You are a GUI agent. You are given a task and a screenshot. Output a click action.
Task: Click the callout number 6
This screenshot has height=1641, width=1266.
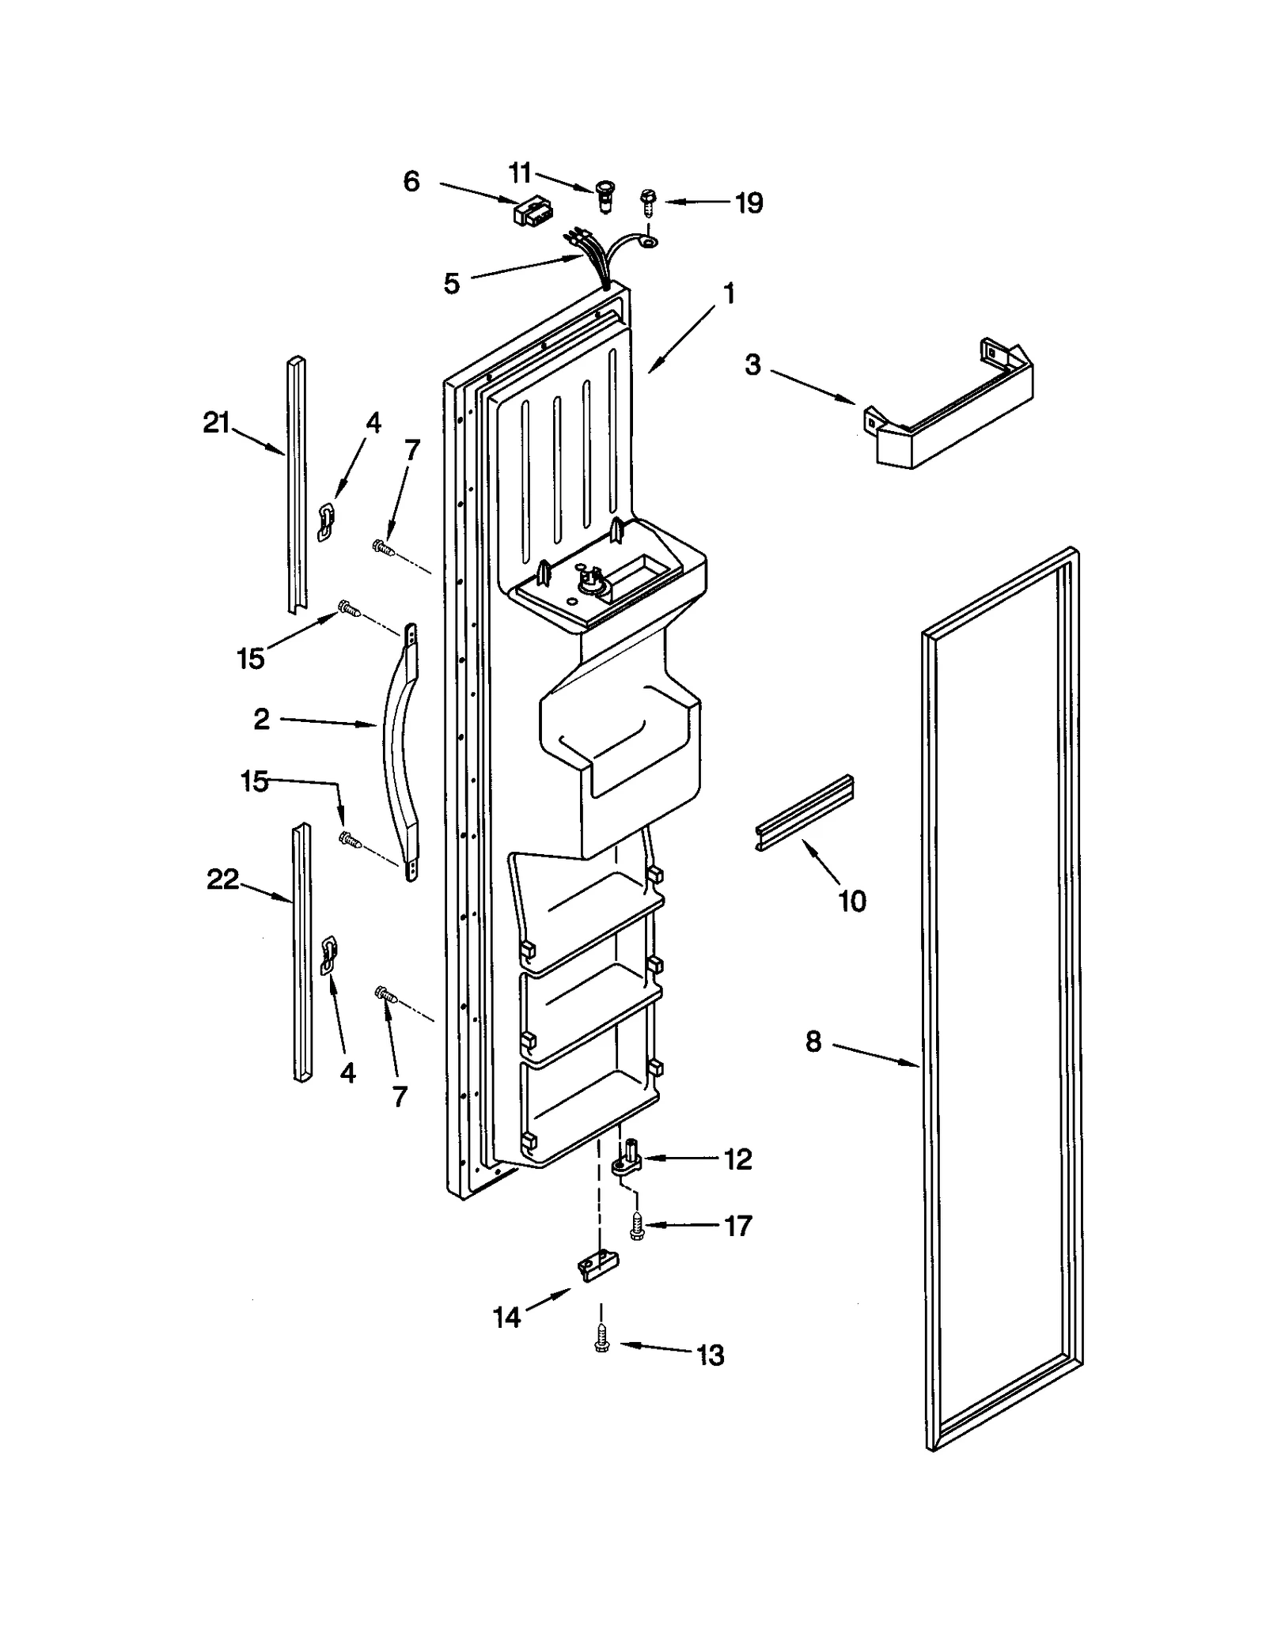tap(411, 182)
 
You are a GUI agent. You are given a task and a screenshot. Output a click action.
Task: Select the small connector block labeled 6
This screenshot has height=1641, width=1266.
tap(533, 212)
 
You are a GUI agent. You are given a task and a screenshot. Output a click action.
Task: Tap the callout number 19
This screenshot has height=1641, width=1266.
tap(748, 203)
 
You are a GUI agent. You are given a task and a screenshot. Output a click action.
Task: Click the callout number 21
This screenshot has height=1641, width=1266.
tap(216, 424)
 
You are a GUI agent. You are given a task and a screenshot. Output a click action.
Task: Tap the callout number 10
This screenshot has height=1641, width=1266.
tap(852, 901)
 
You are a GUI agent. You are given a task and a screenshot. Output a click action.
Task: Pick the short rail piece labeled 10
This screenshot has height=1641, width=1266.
tap(803, 813)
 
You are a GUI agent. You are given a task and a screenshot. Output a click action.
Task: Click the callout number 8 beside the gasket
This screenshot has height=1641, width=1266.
tap(813, 1042)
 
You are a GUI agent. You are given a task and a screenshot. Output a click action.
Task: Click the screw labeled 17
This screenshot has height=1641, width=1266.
tap(635, 1227)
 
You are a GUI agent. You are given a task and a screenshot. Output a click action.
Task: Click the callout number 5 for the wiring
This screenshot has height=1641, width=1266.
tap(451, 283)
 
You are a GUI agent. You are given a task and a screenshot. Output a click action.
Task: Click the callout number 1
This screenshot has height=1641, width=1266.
tap(729, 294)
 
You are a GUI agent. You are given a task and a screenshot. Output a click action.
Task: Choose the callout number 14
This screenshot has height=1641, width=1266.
tap(506, 1317)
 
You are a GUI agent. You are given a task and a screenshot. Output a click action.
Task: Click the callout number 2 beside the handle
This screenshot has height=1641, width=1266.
tap(261, 718)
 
